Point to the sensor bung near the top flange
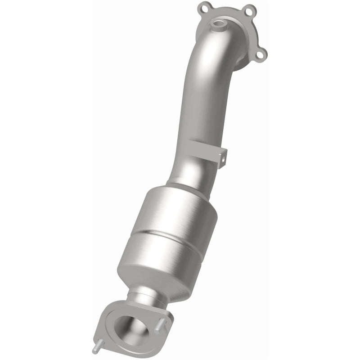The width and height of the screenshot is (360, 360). coord(219,22)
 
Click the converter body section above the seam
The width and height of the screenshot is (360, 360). coord(180,211)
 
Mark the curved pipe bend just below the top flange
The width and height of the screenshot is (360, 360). coord(216,54)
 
